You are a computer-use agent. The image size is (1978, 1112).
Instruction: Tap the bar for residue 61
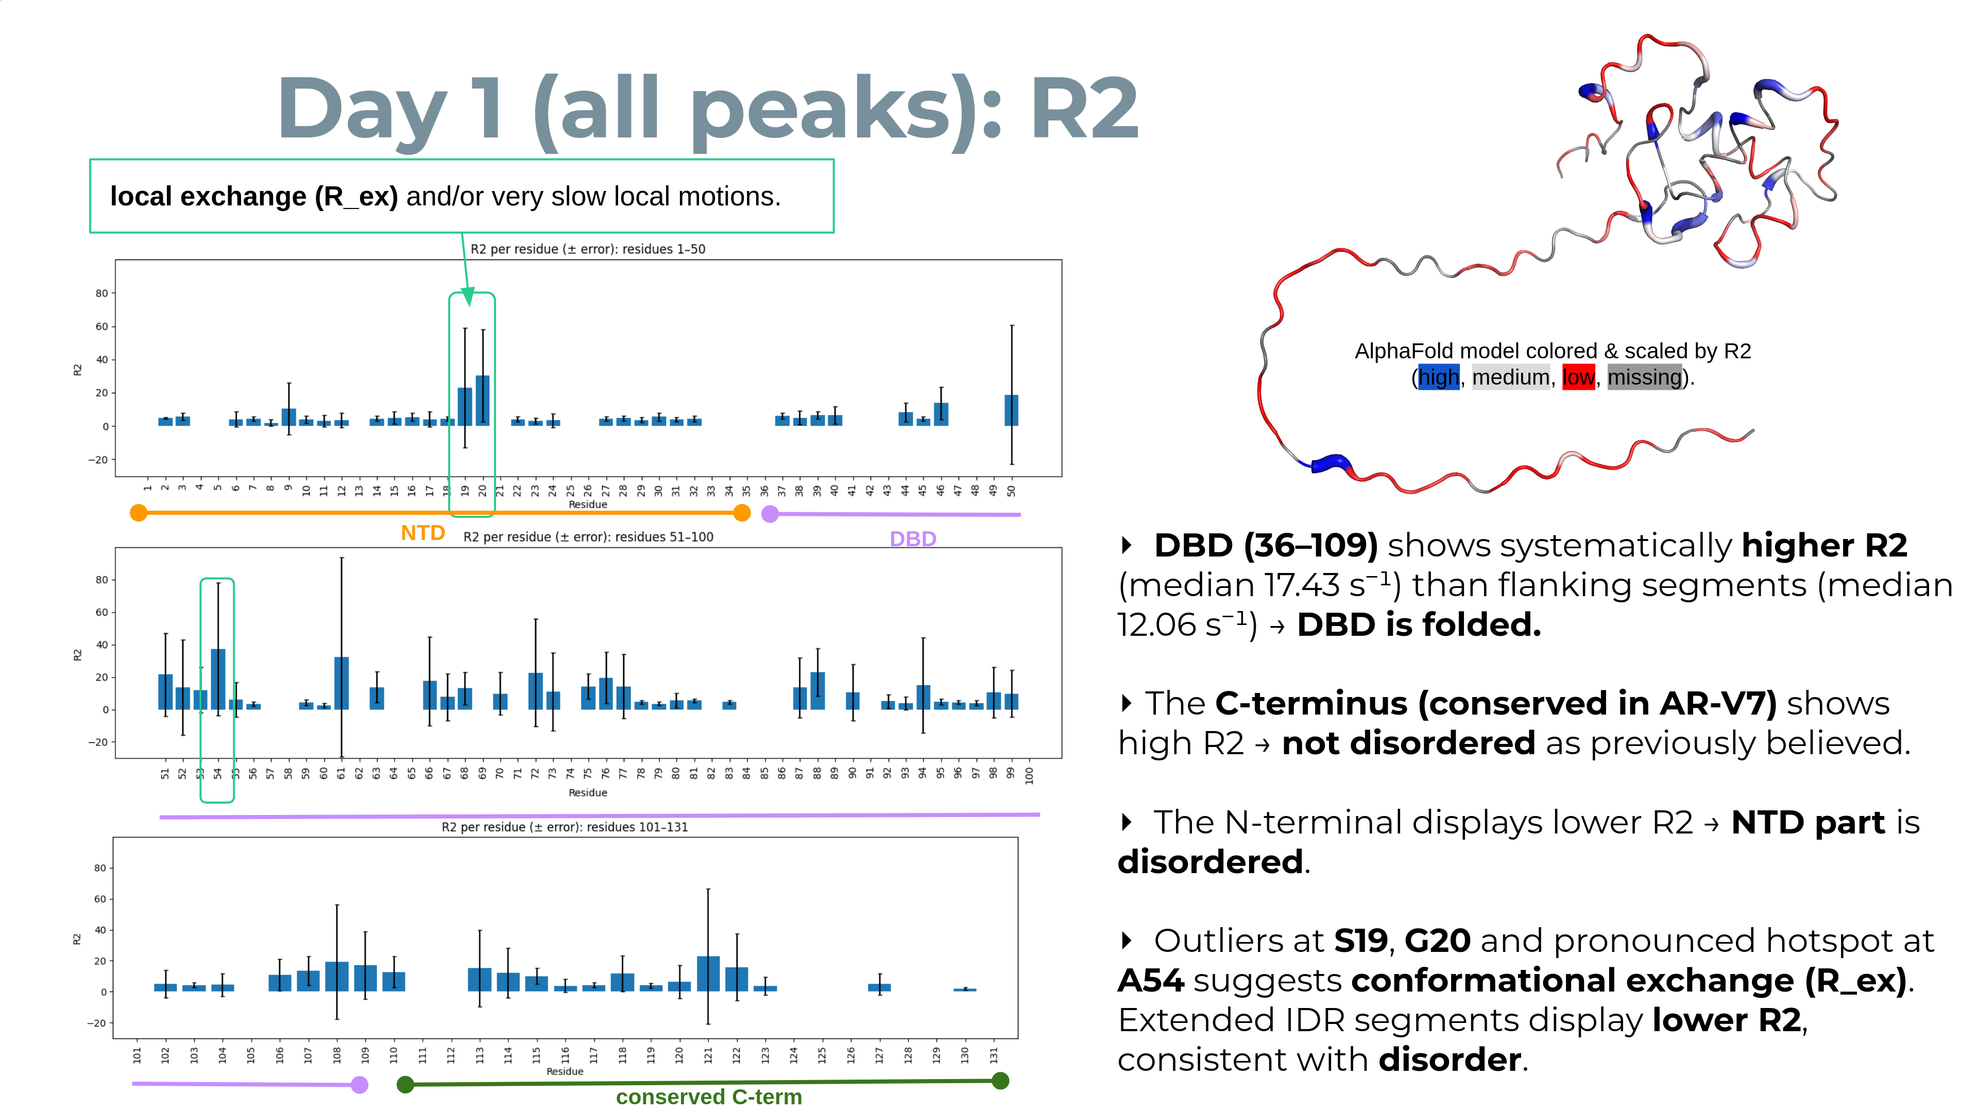(x=342, y=683)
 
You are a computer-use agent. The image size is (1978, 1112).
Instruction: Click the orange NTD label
(x=422, y=533)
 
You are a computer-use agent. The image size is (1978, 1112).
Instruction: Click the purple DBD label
(x=912, y=538)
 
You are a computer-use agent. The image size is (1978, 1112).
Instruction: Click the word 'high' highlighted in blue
(x=1438, y=377)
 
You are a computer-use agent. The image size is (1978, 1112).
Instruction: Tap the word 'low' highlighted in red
(x=1578, y=377)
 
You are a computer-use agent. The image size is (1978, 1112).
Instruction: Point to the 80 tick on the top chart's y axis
(x=101, y=293)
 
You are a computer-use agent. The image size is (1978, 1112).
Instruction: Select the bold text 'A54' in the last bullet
(x=1150, y=981)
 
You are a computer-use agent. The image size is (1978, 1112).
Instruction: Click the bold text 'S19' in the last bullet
(x=1360, y=941)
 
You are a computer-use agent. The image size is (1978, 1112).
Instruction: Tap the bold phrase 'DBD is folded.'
(x=1418, y=624)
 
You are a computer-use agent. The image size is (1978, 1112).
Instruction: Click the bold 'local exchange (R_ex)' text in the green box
(x=253, y=197)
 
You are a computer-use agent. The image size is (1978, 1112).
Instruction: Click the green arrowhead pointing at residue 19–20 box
(x=468, y=298)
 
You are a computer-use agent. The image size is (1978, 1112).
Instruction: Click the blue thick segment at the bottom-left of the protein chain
(x=1330, y=463)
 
